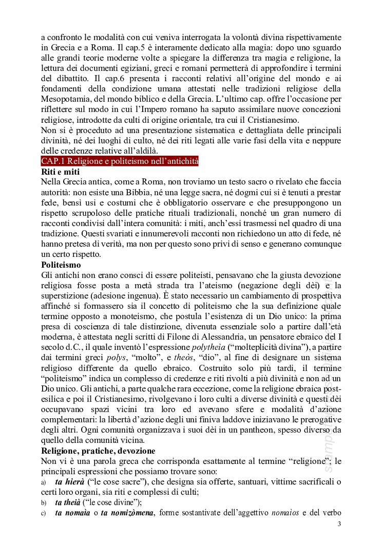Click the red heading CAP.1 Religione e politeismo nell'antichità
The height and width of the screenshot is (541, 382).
(120, 162)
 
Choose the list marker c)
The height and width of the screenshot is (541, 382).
(44, 513)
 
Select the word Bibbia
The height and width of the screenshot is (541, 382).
(141, 193)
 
